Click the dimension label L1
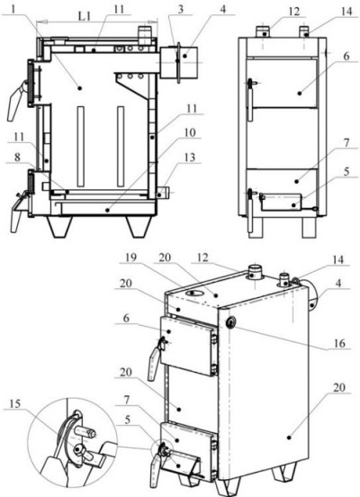click(84, 16)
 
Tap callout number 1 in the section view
click(13, 9)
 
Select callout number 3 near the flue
click(180, 9)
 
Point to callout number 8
click(17, 157)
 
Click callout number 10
click(190, 132)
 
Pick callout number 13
click(190, 158)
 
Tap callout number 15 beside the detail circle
click(15, 403)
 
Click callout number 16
click(338, 343)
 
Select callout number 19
click(130, 258)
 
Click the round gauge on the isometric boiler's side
click(230, 322)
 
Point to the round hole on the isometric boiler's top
click(193, 294)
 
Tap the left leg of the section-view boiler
click(59, 226)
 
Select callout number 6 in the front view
click(346, 56)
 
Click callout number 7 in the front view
click(346, 143)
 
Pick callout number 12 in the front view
click(294, 12)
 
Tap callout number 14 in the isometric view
click(338, 259)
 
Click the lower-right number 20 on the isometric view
click(339, 387)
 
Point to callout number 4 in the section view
click(223, 9)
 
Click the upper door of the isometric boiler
click(189, 346)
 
